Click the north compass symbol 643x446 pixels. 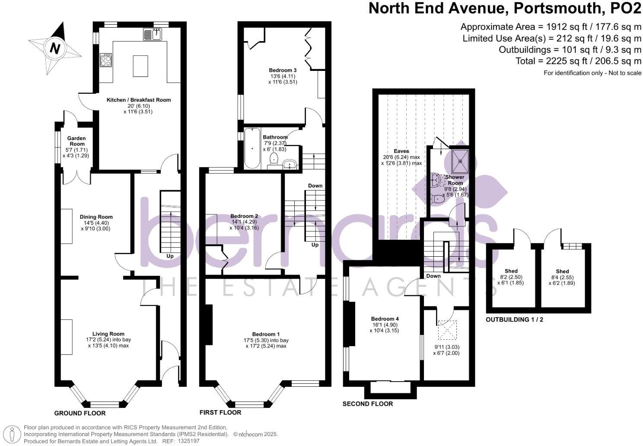point(54,48)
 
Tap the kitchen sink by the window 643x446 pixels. point(152,34)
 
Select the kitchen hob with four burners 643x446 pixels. point(106,60)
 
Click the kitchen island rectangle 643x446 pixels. point(140,66)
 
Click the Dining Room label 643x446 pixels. point(96,217)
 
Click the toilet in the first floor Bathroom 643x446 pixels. point(274,160)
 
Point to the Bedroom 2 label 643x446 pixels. point(244,216)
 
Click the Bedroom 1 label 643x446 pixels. point(266,334)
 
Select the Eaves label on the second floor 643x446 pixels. point(401,151)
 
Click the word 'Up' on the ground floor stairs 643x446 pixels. point(170,256)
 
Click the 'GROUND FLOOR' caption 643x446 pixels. point(80,413)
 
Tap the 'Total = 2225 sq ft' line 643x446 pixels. point(578,61)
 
